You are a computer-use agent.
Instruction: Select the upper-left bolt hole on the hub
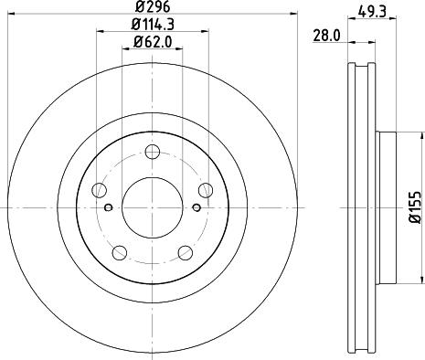tap(99, 190)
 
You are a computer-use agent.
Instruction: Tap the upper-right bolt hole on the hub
tap(207, 190)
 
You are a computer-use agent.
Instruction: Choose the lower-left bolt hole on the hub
tap(119, 253)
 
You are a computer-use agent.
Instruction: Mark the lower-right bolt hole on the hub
tap(186, 253)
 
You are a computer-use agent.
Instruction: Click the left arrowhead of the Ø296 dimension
tap(9, 16)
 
